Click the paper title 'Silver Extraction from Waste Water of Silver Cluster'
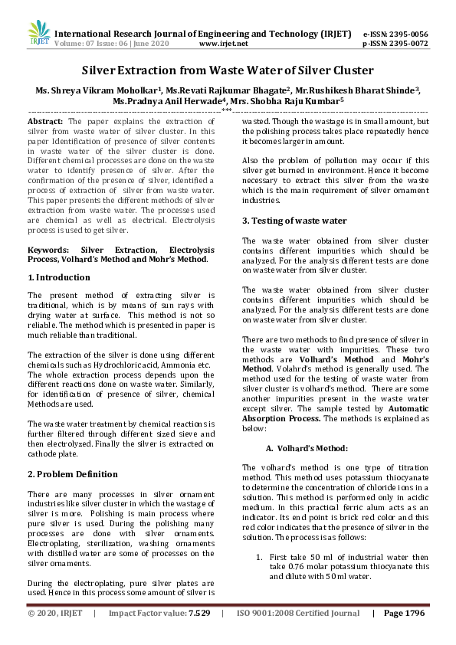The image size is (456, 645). [228, 70]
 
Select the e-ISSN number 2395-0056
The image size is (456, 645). [406, 34]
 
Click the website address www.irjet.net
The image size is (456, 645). [223, 44]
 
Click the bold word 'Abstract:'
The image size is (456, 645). [46, 122]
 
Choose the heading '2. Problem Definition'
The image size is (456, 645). [72, 474]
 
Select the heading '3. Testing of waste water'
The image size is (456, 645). [294, 221]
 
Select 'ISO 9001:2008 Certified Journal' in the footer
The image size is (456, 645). [298, 614]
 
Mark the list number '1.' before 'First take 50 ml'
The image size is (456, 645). [259, 557]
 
